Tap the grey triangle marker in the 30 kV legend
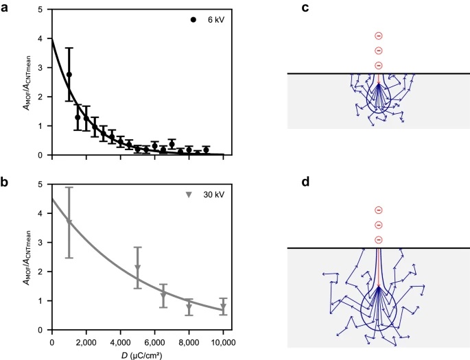point(189,195)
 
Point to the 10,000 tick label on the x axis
point(223,340)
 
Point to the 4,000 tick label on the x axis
point(120,340)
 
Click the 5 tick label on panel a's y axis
point(43,10)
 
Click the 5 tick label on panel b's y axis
point(43,184)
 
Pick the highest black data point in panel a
point(69,74)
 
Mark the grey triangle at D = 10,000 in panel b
point(224,307)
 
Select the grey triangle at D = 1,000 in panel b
point(69,221)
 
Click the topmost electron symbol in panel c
point(378,36)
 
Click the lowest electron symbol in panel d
point(378,239)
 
